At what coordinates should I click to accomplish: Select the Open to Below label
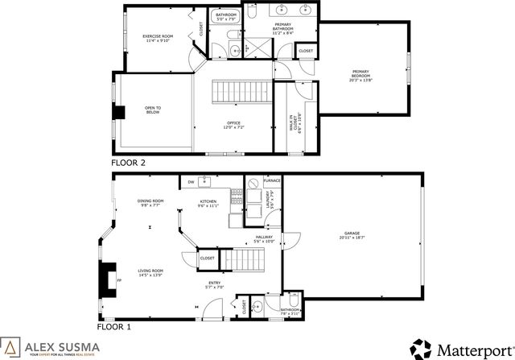point(152,110)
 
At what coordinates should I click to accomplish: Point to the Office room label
point(233,125)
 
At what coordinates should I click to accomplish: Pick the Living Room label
point(150,272)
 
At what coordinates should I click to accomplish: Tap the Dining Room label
point(150,203)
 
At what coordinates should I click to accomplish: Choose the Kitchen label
point(208,203)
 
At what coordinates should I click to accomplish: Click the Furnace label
point(272,181)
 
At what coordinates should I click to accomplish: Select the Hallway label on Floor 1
point(265,238)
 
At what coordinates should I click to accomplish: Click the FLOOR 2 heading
point(129,163)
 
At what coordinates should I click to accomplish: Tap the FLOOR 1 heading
point(113,327)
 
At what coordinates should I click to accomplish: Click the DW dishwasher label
point(192,182)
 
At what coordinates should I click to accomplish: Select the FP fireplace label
point(119,280)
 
